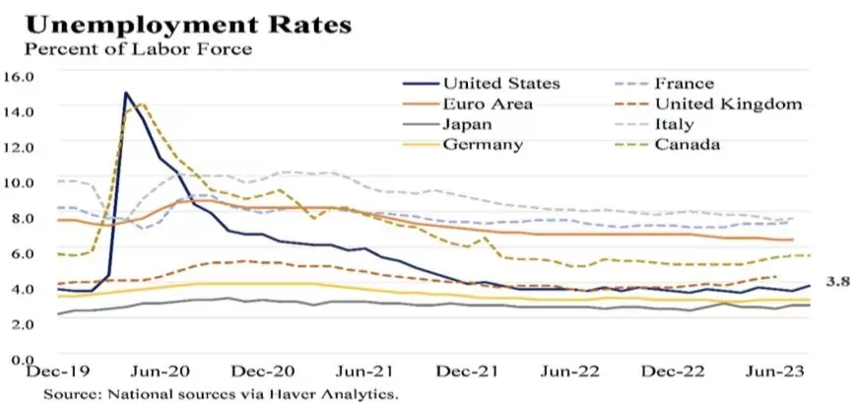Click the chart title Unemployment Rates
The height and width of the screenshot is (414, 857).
pyautogui.click(x=186, y=24)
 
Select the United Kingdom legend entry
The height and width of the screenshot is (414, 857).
pyautogui.click(x=728, y=103)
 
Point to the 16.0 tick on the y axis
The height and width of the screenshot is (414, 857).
pyautogui.click(x=19, y=76)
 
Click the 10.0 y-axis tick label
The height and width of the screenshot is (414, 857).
pyautogui.click(x=19, y=182)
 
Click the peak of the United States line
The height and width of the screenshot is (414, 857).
pyautogui.click(x=126, y=93)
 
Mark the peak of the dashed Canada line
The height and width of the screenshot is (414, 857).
pyautogui.click(x=143, y=103)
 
